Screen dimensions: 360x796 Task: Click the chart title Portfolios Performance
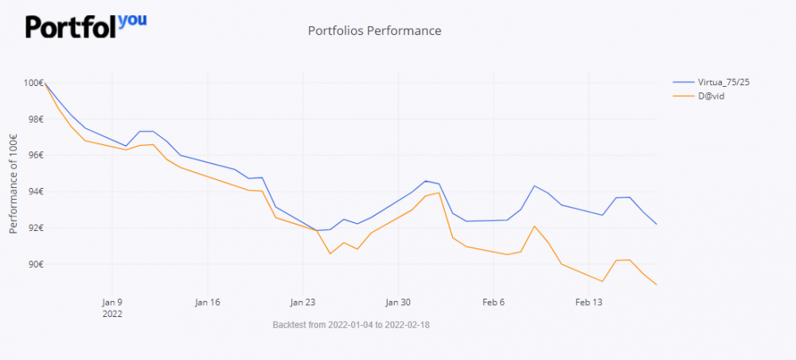pos(374,31)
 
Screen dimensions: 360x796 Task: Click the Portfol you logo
pos(86,25)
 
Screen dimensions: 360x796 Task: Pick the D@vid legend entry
pos(710,96)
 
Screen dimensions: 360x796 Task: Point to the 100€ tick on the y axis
pos(33,83)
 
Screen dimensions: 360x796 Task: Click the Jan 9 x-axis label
pos(112,303)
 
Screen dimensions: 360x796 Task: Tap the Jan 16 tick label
pos(207,303)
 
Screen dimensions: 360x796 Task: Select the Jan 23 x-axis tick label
pos(302,303)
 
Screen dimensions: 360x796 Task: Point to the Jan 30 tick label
pos(398,303)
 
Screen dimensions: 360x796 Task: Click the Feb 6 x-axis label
pos(494,303)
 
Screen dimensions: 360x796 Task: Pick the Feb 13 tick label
pos(589,303)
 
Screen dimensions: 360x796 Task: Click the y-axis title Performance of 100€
pos(14,183)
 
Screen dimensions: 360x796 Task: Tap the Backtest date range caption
pos(351,325)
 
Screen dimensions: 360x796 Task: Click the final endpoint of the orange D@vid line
pos(657,284)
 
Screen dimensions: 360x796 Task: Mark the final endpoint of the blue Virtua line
pos(657,225)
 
